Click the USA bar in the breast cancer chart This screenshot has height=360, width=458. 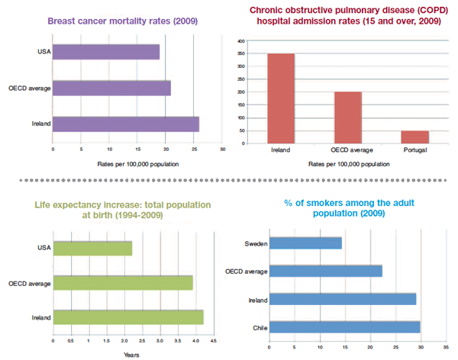[106, 52]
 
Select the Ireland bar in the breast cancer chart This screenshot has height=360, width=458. [126, 124]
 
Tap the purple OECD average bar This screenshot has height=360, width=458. [111, 88]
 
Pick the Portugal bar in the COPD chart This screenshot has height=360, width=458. [414, 137]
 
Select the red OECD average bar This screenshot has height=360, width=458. [347, 117]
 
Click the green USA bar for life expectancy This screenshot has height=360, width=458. [92, 249]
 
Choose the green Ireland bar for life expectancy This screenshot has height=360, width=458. [128, 317]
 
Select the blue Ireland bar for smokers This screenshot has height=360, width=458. [343, 299]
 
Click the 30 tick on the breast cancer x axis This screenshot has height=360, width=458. [222, 149]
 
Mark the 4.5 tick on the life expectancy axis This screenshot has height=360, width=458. [214, 340]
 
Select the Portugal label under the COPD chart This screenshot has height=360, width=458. [414, 149]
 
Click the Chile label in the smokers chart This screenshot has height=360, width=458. [257, 327]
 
